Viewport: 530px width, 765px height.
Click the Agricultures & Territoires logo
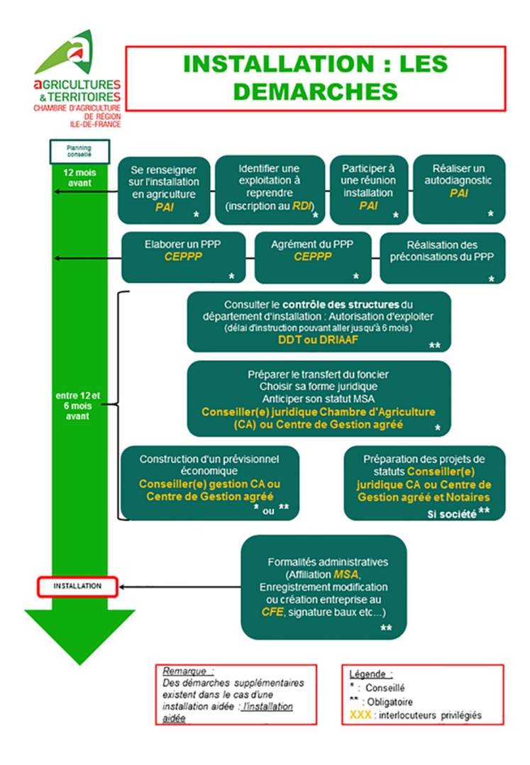coord(76,79)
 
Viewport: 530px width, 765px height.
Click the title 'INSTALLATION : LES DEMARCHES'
coord(315,78)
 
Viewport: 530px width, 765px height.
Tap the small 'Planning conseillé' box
coord(79,150)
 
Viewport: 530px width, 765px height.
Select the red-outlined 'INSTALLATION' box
coord(77,586)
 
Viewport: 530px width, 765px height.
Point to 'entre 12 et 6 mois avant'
coord(78,406)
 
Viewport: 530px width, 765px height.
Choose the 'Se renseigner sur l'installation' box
coord(164,189)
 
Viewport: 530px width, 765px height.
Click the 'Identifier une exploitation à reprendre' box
coord(268,189)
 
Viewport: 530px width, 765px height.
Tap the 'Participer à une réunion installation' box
coord(368,189)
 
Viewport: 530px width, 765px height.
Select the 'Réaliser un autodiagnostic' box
coord(459,189)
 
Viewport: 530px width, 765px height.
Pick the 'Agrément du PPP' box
coord(312,257)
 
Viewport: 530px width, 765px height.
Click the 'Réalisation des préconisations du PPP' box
coord(442,257)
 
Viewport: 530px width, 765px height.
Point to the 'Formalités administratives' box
coord(324,587)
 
